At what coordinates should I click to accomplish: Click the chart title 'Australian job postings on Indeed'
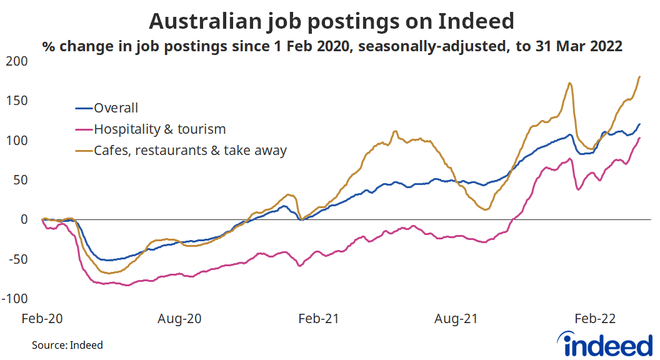[331, 22]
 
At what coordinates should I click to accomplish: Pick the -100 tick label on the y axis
[17, 298]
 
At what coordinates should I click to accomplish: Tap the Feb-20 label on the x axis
[42, 319]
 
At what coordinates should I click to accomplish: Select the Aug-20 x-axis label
[179, 319]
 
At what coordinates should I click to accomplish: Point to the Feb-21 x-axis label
[318, 319]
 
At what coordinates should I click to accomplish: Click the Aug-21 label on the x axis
[456, 319]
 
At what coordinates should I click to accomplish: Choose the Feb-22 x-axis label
[594, 319]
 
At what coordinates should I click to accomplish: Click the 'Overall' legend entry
[116, 108]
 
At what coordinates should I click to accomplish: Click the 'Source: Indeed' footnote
[67, 345]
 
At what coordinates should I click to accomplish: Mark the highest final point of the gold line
[639, 77]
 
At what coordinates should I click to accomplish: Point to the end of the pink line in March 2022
[639, 138]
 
